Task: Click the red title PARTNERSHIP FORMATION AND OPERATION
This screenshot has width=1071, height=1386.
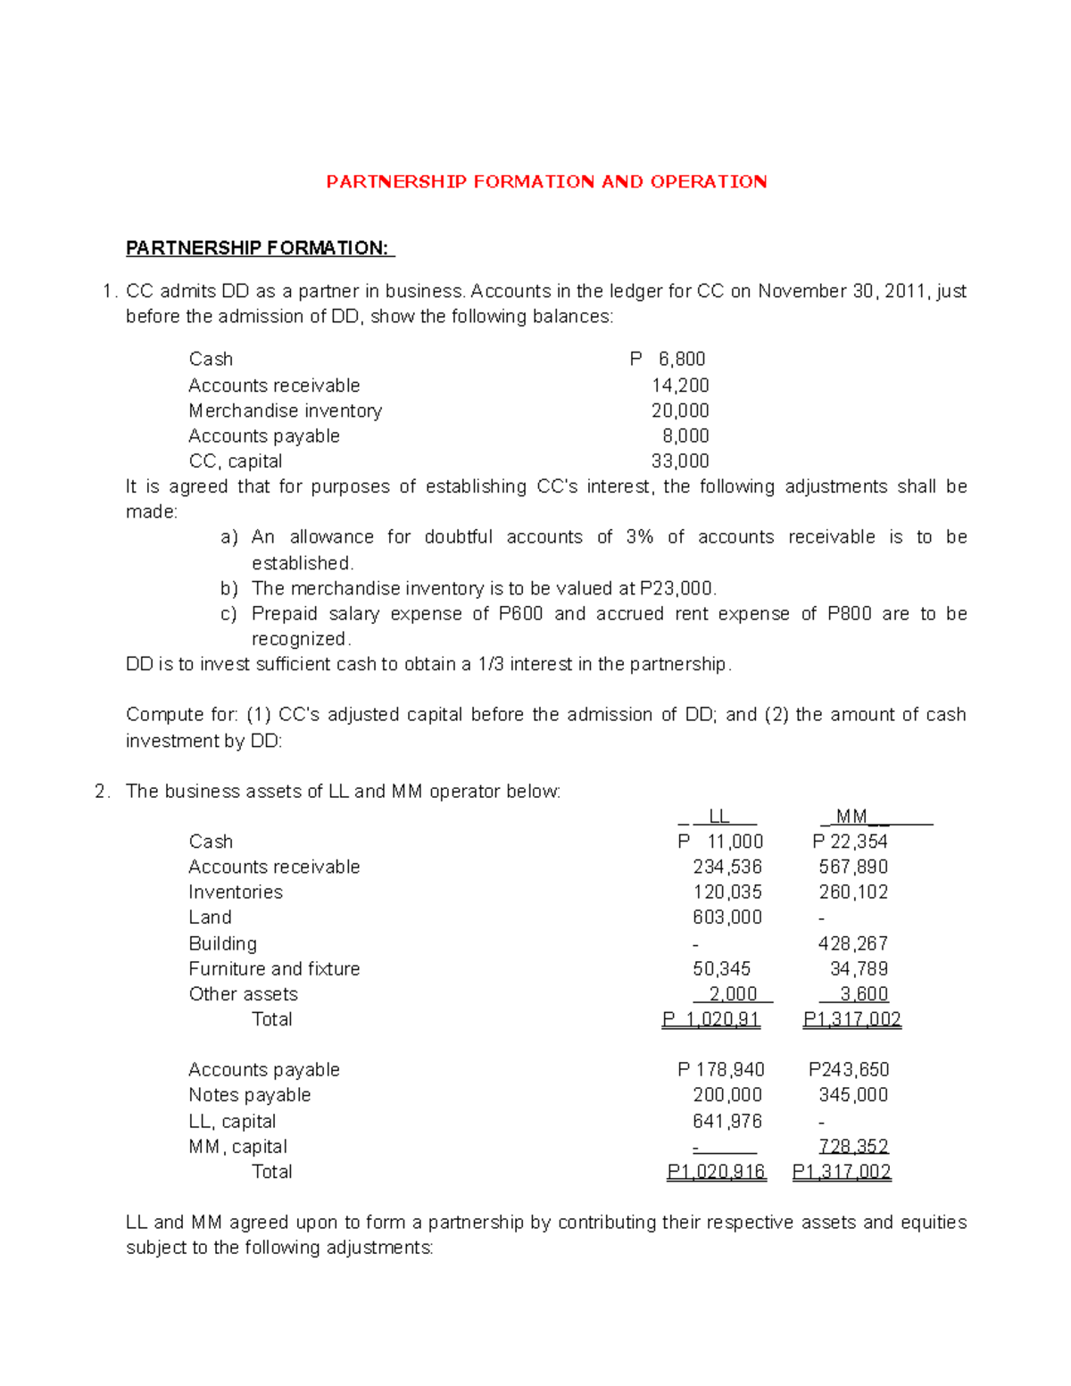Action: [546, 182]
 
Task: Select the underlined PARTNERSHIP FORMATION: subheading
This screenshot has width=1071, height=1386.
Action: [258, 248]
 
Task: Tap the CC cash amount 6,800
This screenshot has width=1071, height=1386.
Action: [681, 359]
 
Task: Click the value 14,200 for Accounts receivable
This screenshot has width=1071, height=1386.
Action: [680, 386]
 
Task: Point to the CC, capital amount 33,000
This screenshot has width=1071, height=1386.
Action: [680, 461]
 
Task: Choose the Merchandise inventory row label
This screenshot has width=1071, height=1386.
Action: [285, 411]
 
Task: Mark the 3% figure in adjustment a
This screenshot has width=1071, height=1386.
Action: [639, 537]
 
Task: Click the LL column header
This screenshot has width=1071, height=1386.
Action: [718, 817]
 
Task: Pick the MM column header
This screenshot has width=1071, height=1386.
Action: [852, 817]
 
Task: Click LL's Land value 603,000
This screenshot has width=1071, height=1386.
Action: [726, 917]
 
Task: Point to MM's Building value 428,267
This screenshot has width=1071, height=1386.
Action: [852, 944]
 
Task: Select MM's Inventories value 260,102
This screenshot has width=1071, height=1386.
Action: [852, 892]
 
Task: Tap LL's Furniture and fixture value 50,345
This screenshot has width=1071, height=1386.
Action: [721, 969]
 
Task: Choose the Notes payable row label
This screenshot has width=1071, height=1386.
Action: [249, 1095]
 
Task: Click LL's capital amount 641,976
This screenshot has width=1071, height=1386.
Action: [726, 1122]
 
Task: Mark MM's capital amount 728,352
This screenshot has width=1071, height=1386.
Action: [853, 1147]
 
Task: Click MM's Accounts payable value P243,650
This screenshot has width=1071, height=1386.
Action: [848, 1070]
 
